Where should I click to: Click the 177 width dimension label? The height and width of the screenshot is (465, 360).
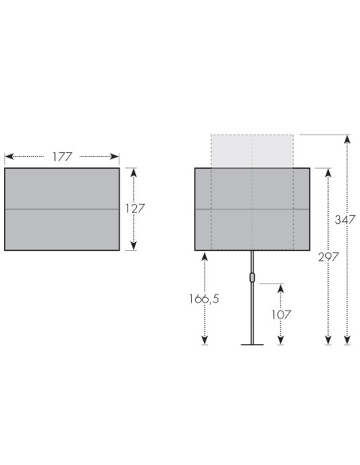62,157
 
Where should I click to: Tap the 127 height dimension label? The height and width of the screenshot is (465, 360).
135,209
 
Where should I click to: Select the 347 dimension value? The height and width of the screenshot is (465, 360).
345,220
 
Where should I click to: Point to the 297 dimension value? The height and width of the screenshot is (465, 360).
328,257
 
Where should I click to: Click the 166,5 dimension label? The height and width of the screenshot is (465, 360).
205,299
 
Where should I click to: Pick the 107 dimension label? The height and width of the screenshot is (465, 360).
281,315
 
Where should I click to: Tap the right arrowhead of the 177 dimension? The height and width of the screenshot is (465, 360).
115,156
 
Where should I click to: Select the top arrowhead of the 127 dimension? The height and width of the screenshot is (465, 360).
134,173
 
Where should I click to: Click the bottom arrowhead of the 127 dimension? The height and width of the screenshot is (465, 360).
134,245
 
